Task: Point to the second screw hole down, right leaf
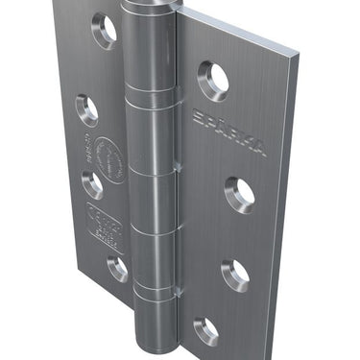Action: point(240,191)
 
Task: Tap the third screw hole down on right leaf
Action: point(235,275)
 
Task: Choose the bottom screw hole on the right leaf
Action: point(206,331)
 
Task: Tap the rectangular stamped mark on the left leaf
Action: point(105,227)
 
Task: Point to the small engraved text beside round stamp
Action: point(86,151)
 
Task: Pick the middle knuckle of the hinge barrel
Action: point(153,202)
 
